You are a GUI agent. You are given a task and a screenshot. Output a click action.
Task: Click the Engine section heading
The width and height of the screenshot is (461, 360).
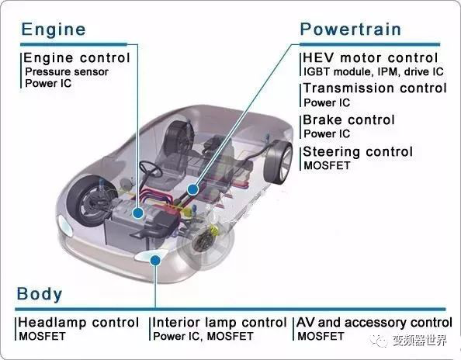54,30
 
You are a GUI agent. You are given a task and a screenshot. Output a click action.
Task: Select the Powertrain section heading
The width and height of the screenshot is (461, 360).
351,29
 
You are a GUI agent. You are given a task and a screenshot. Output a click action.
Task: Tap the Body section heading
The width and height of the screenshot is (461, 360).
40,294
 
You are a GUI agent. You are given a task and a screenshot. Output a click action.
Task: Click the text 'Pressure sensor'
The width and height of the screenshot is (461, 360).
67,72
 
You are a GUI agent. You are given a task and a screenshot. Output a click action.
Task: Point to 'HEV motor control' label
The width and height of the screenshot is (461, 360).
370,57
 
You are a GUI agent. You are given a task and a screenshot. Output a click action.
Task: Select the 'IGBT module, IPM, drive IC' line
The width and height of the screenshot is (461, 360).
373,71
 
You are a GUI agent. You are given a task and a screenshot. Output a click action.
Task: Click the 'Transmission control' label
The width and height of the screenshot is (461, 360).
375,88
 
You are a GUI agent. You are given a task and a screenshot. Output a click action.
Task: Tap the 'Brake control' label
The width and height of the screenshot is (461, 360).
348,120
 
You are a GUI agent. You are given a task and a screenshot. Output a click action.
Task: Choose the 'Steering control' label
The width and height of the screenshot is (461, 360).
358,151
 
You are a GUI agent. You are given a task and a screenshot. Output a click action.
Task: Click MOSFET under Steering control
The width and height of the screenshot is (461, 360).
327,166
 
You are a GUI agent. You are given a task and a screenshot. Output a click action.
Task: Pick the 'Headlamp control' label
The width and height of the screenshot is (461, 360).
78,323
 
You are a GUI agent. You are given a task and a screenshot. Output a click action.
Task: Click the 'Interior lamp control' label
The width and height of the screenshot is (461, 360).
220,323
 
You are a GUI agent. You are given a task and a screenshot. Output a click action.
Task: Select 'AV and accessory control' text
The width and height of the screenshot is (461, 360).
374,323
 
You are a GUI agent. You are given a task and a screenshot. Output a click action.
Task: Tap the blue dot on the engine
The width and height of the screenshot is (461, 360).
138,213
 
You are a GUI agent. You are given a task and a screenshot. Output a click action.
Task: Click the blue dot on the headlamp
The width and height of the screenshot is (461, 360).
155,260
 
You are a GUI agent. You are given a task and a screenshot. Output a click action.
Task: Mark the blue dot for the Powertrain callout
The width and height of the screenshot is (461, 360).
192,189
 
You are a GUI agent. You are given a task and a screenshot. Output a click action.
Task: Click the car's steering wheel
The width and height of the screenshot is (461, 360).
151,168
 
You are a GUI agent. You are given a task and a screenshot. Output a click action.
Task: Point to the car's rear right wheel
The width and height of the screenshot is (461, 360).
278,162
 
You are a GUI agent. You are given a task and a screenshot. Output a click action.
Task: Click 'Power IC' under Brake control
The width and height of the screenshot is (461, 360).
327,134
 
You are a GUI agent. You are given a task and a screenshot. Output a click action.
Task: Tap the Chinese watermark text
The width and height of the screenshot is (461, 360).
420,341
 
